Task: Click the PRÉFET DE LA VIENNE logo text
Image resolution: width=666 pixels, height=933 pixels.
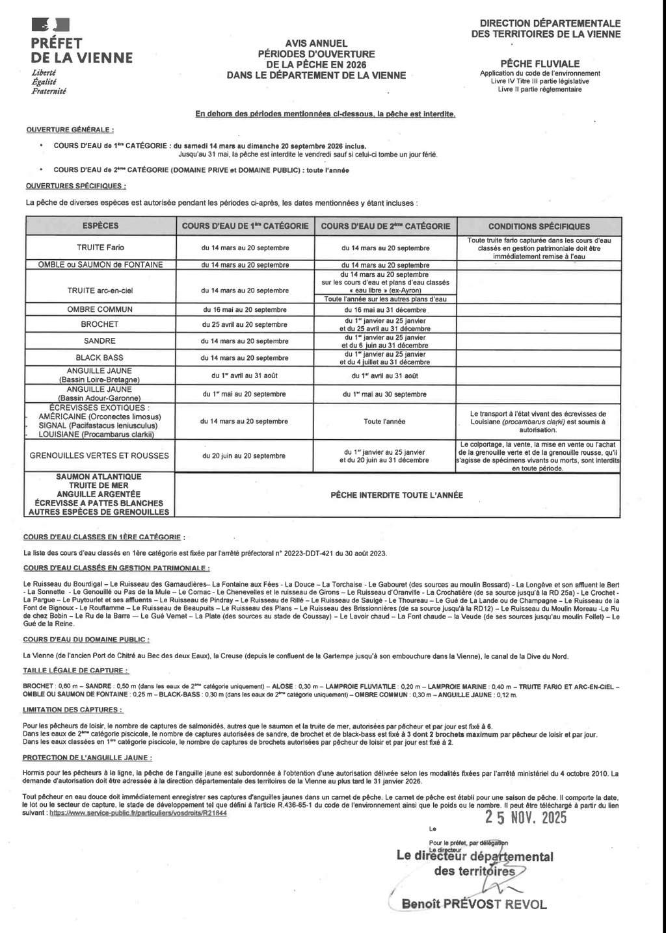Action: [81, 50]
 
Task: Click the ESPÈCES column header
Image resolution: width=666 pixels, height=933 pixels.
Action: [100, 226]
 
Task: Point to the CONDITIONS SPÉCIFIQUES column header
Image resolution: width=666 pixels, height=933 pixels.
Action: [539, 227]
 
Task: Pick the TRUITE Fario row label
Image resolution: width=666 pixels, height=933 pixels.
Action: [100, 248]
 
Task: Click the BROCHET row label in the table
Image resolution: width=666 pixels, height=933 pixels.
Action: [100, 324]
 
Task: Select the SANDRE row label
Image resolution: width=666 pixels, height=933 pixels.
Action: [100, 341]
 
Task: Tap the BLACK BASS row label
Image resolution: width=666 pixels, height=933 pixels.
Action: [100, 358]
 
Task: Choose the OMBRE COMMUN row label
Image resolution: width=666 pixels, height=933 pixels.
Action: [100, 309]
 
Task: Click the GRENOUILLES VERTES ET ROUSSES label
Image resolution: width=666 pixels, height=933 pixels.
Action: [100, 456]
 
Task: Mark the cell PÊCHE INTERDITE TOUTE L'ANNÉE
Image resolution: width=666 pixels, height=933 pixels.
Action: [397, 495]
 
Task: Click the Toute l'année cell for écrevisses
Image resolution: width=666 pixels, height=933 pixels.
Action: [384, 422]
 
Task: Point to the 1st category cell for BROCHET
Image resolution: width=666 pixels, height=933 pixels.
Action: [245, 324]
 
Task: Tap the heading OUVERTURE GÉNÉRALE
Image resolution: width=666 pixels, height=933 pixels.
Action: [70, 130]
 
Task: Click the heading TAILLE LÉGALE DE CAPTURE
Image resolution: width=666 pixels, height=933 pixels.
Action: [75, 671]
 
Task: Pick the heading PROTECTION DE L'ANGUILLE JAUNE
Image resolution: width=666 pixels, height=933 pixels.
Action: [88, 758]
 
